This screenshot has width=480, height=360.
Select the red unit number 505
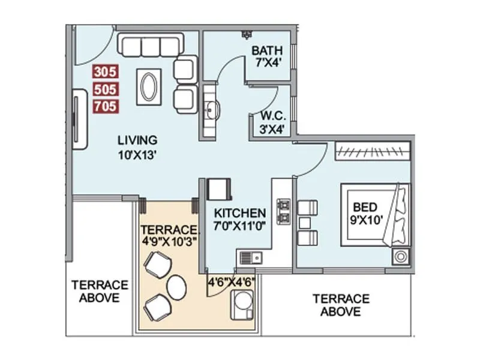point(106,89)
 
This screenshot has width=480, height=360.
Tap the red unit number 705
point(106,107)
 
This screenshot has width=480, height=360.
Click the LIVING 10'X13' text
point(137,146)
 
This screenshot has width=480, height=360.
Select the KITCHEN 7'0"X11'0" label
point(240,219)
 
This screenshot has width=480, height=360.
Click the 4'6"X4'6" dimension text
point(231,280)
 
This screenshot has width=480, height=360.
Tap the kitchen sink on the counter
point(249,258)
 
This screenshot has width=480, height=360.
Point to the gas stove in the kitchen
point(283,212)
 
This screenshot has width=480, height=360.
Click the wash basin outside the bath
point(211,110)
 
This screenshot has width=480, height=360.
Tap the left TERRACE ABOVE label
point(100,290)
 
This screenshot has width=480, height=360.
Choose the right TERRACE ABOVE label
point(340,305)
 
